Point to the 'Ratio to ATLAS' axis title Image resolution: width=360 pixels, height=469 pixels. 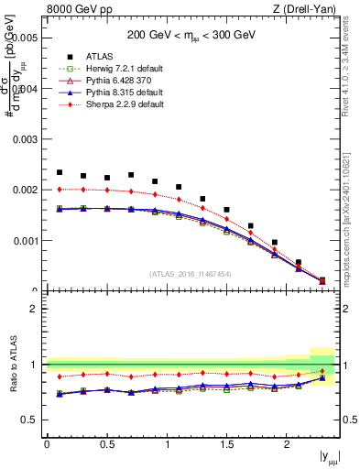pos(11,364)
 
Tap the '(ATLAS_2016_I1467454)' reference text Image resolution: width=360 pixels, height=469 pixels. pos(191,273)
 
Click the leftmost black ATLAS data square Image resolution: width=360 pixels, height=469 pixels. pos(60,172)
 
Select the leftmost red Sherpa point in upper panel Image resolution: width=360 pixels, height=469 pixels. pos(60,190)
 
